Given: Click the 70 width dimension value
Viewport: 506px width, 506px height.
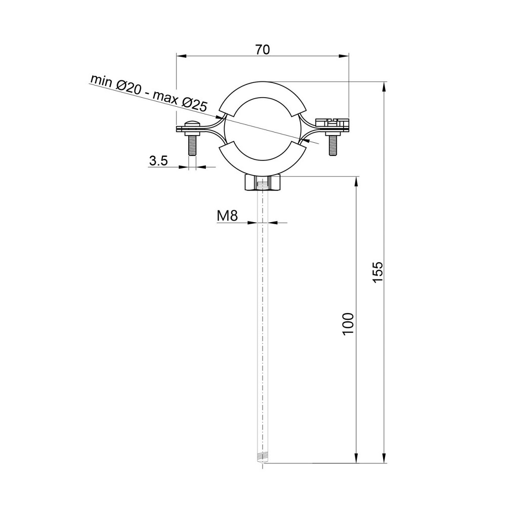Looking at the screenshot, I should (263, 49).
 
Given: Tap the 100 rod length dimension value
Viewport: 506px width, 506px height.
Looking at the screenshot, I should (347, 323).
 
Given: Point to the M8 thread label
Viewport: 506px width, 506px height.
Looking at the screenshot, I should (227, 216).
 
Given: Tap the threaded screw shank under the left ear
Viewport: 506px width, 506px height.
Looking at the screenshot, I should (192, 146).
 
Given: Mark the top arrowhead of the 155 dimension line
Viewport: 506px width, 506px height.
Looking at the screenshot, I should (385, 87).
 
